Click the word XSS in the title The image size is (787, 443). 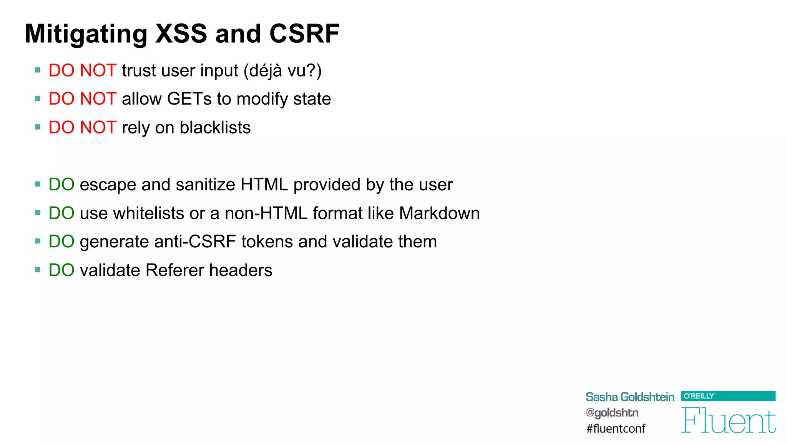(181, 34)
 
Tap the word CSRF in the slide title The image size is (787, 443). (304, 34)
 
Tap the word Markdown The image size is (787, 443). (440, 213)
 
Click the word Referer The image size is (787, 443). (175, 270)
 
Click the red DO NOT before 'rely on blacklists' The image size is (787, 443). (82, 128)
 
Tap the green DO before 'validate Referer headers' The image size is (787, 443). (61, 270)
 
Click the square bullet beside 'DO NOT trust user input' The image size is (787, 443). (38, 70)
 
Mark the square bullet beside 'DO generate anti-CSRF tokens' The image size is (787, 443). (38, 241)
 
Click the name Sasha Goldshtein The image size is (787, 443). (630, 397)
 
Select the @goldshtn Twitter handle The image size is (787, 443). (612, 413)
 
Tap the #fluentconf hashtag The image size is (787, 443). (616, 428)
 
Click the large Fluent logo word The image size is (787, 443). (728, 420)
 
